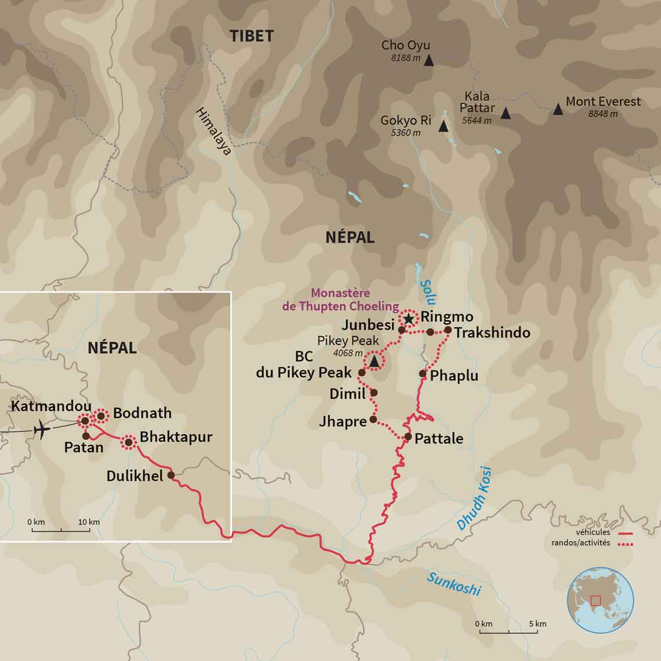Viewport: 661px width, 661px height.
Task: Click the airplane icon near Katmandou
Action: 41,430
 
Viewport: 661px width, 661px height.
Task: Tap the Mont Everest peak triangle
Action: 558,109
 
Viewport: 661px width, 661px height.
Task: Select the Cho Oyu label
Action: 405,45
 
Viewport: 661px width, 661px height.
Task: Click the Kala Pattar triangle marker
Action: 506,114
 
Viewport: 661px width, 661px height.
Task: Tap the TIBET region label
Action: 251,36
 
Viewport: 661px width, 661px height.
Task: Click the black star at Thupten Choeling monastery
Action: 409,318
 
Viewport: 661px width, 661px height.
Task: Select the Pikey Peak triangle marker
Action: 374,362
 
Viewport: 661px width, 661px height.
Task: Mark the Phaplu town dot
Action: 423,373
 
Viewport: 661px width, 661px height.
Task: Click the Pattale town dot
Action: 408,437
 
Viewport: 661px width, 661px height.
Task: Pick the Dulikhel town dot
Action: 171,474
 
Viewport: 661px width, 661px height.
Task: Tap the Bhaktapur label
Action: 176,437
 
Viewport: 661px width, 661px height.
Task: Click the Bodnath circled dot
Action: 101,415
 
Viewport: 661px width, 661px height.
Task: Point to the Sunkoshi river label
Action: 454,583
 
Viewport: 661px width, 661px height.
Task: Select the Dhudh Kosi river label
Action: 474,498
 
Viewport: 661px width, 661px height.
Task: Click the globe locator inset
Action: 600,600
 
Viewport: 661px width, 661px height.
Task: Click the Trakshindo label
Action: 492,333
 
